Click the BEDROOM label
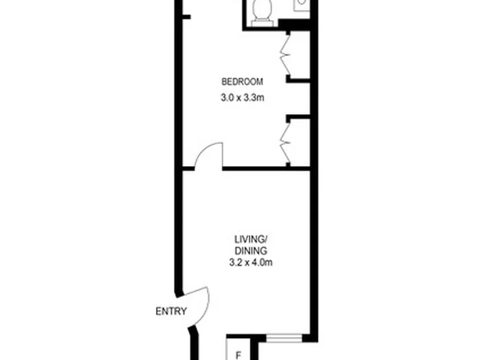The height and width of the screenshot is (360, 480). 242,82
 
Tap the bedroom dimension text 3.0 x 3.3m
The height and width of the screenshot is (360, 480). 243,98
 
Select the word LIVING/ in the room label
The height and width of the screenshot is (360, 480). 251,239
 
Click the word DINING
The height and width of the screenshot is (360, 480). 251,251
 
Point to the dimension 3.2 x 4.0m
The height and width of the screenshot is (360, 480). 251,263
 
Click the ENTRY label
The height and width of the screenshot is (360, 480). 171,311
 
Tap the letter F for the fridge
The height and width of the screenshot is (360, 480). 238,356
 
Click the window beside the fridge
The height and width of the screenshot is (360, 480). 284,338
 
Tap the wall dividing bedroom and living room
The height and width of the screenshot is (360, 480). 266,169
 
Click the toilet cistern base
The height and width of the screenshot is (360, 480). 262,23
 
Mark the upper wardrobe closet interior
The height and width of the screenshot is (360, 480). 300,55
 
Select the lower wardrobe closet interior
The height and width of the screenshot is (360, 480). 300,143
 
